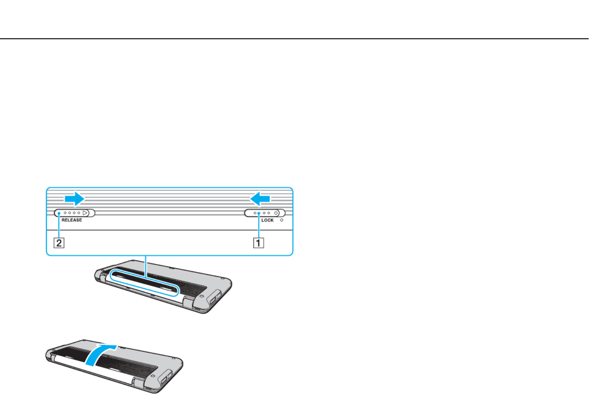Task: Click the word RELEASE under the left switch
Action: [72, 220]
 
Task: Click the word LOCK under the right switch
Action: [267, 220]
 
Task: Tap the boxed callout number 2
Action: [59, 243]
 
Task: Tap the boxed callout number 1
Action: [258, 243]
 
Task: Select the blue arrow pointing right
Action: [75, 199]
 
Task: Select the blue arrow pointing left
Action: [260, 199]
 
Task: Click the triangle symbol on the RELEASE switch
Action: [85, 213]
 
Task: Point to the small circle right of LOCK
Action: [282, 220]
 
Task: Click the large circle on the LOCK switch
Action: [276, 213]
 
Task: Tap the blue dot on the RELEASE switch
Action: [59, 213]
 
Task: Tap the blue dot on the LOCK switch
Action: [259, 213]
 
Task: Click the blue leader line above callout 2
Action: [59, 226]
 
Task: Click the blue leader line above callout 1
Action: [259, 226]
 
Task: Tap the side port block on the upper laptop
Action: [215, 298]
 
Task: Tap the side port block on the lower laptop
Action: [166, 378]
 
